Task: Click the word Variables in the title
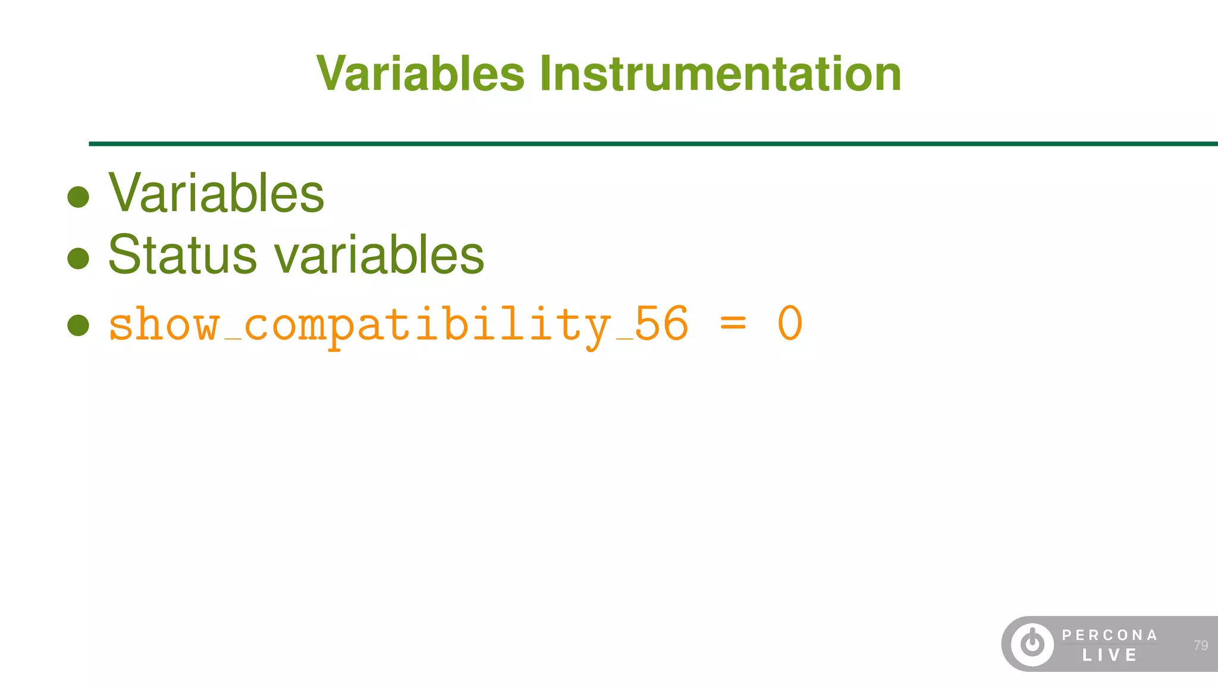pos(420,74)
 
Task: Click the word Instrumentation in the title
pos(720,74)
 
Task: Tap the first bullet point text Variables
pos(216,193)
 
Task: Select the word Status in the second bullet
pos(182,255)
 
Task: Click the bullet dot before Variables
pos(79,197)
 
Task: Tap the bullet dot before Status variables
pos(79,259)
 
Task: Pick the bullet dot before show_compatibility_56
pos(79,325)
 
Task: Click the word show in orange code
pos(164,325)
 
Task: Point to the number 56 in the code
pos(661,324)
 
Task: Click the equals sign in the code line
pos(733,325)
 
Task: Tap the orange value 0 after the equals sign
pos(790,324)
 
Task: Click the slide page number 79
pos(1200,645)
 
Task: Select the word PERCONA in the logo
pos(1110,635)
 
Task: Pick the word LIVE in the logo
pos(1110,655)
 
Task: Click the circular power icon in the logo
pos(1032,644)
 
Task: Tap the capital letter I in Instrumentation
pos(545,74)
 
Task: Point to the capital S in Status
pos(123,255)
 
